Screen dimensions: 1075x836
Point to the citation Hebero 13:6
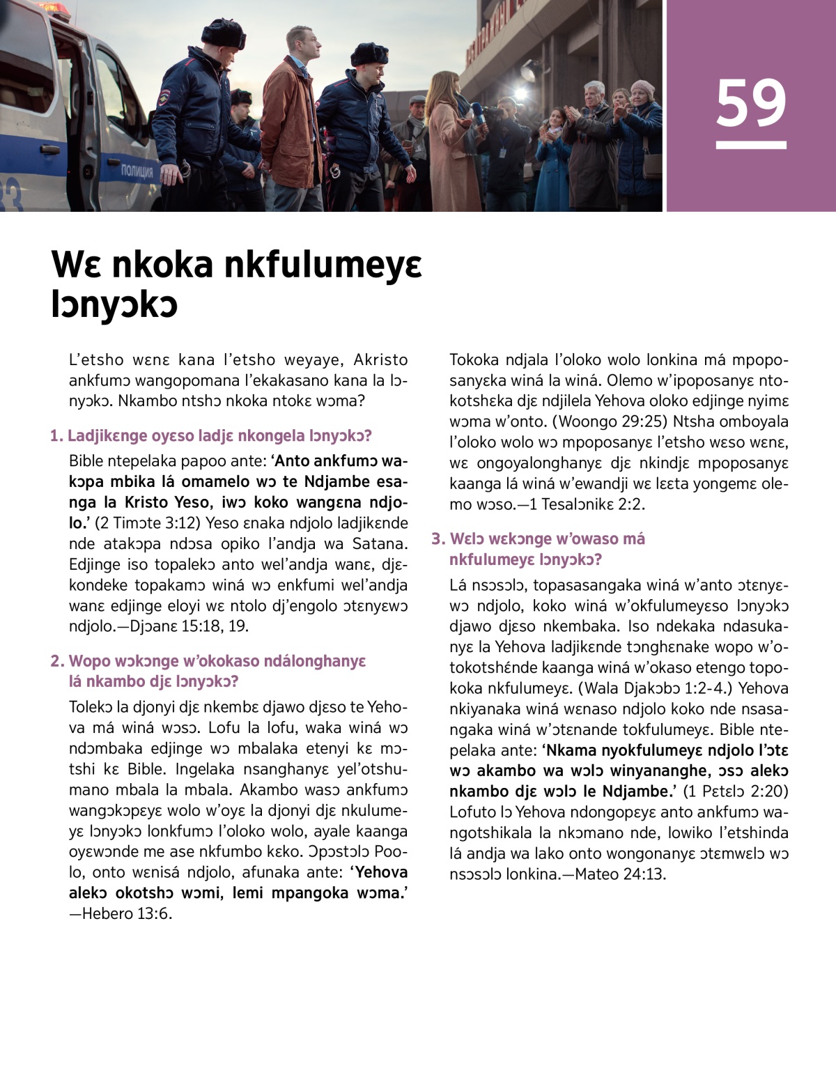(127, 913)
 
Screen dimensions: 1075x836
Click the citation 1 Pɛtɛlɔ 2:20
(736, 791)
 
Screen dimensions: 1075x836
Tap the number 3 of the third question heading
(437, 539)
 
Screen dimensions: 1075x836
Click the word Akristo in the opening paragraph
(380, 360)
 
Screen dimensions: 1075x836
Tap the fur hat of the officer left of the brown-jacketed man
(223, 31)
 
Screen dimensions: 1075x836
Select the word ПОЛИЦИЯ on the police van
(137, 171)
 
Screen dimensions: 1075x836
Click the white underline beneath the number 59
(751, 145)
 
